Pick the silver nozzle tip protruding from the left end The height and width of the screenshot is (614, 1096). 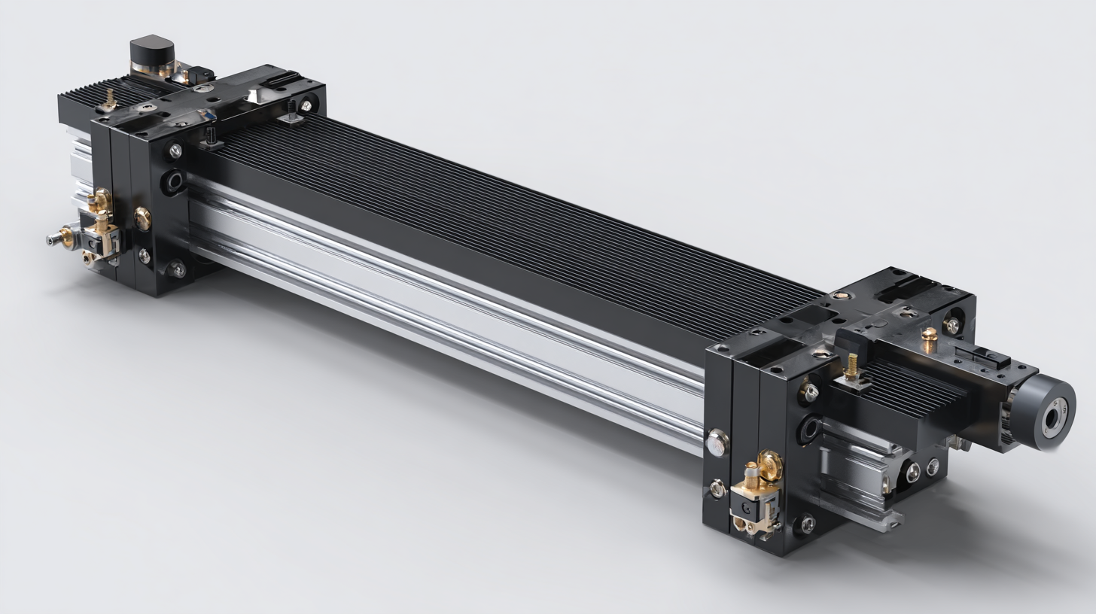[x=55, y=239]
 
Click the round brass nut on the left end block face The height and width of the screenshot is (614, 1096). [x=142, y=218]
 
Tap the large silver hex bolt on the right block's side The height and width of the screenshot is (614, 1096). [x=717, y=442]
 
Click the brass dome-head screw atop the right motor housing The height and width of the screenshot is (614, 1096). [x=930, y=336]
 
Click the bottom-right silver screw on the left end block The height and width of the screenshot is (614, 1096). [x=177, y=269]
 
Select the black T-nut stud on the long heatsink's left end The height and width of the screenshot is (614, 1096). [x=212, y=137]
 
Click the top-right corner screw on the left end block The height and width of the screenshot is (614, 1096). [x=307, y=105]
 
